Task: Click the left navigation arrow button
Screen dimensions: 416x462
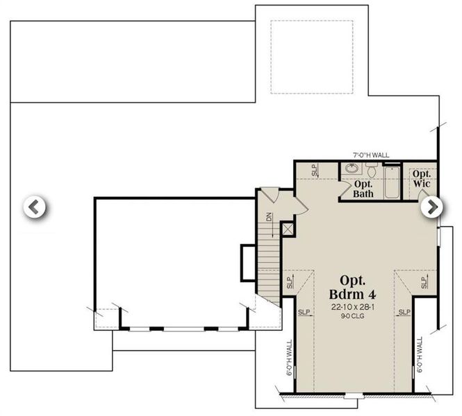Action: pyautogui.click(x=34, y=207)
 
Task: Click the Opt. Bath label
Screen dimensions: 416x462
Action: pyautogui.click(x=363, y=189)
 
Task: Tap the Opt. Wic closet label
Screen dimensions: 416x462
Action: pyautogui.click(x=422, y=179)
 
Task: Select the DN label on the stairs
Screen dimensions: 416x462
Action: pyautogui.click(x=269, y=217)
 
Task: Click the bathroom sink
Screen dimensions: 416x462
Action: pyautogui.click(x=352, y=168)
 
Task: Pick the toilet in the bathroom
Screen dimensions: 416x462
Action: pyautogui.click(x=372, y=169)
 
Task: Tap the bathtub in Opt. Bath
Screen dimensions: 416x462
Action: pyautogui.click(x=392, y=182)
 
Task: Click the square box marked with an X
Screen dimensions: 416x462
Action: pyautogui.click(x=288, y=228)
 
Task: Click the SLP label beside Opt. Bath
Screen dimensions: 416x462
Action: pyautogui.click(x=314, y=169)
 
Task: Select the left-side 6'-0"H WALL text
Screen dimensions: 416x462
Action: pyautogui.click(x=289, y=356)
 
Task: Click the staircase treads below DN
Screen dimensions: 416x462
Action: pyautogui.click(x=269, y=263)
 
